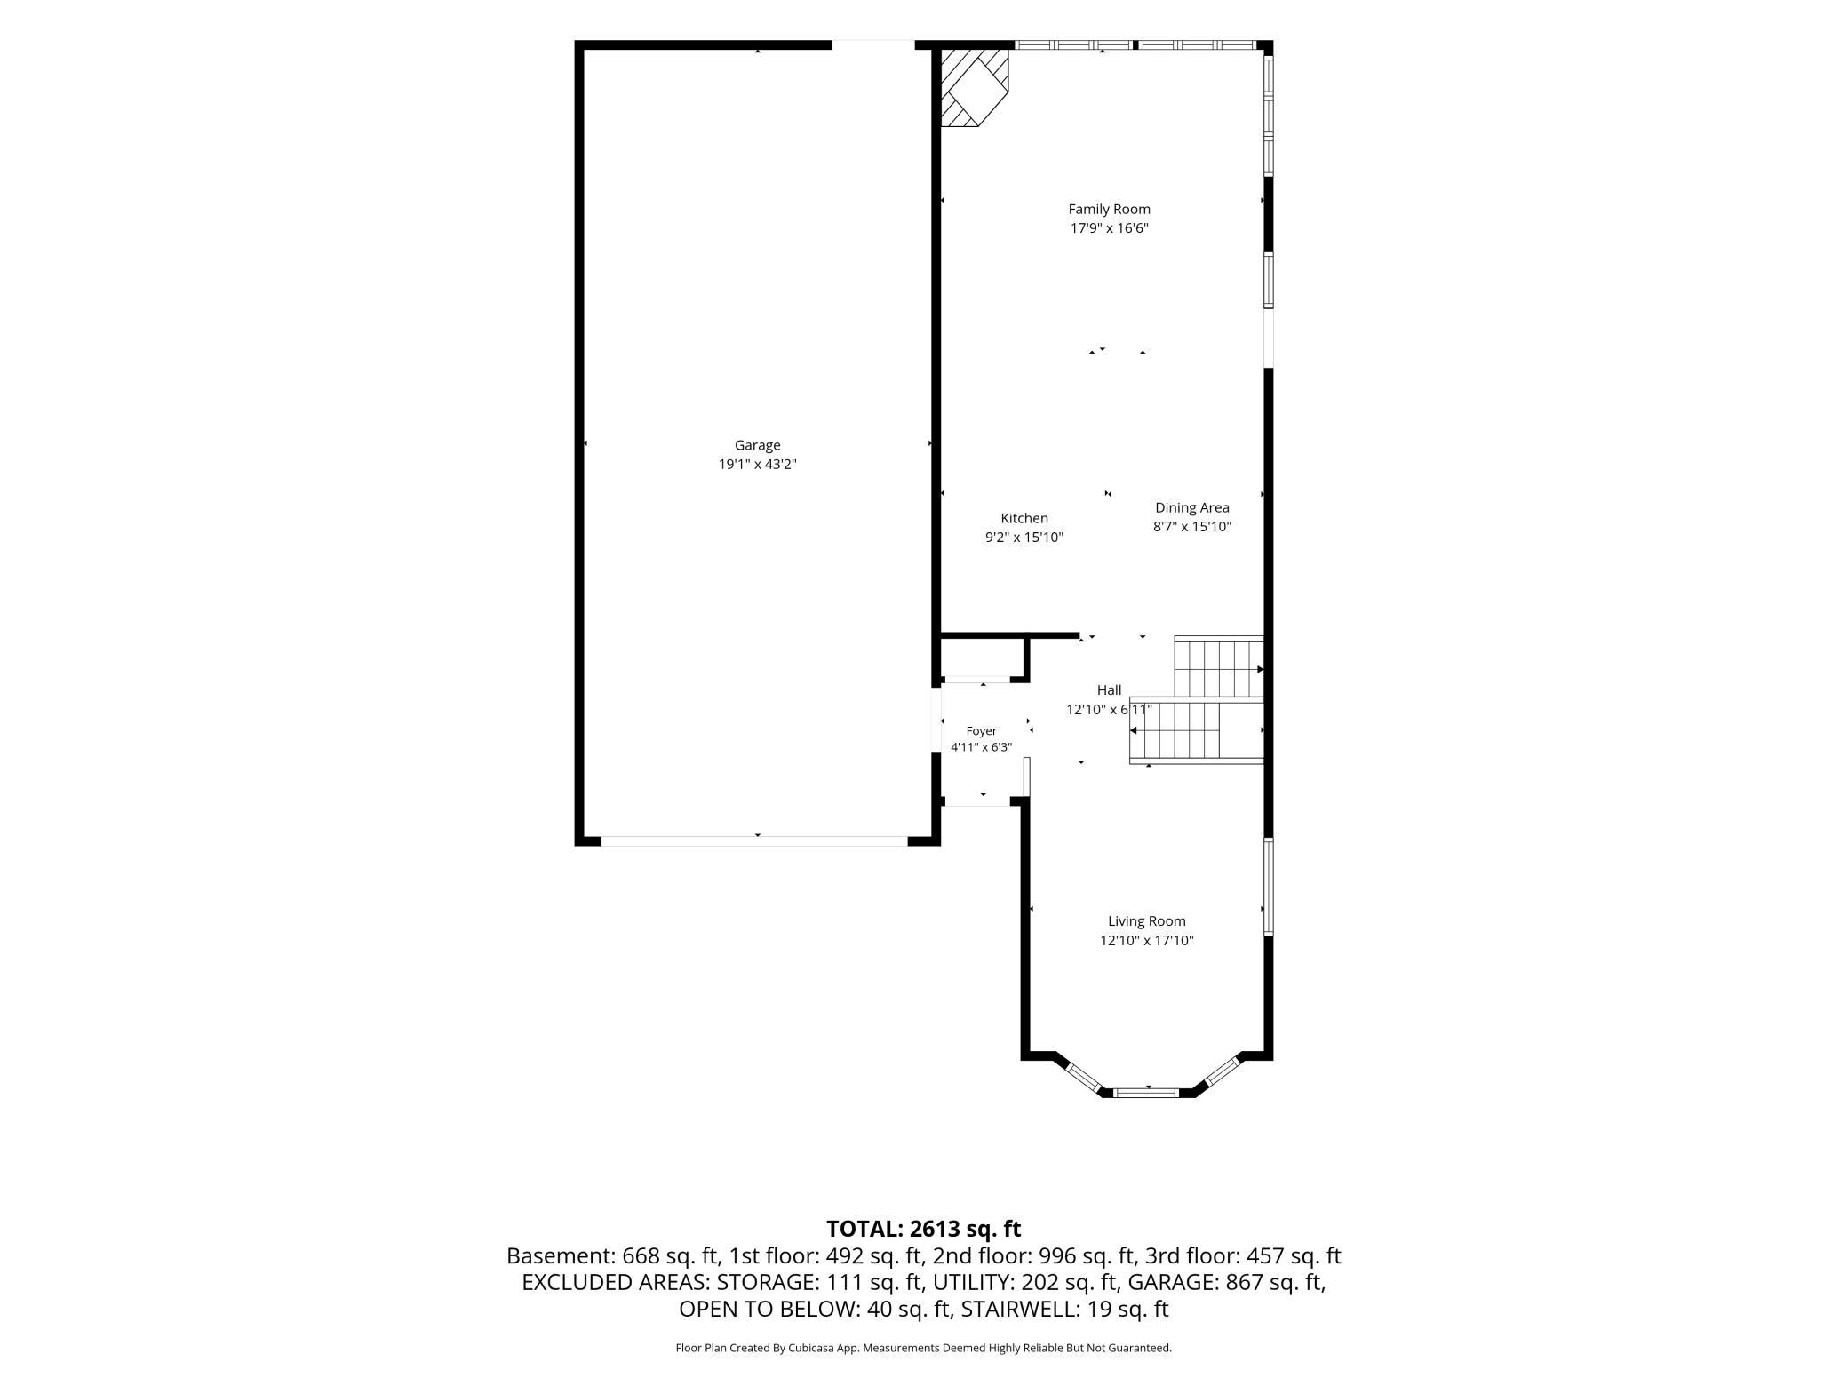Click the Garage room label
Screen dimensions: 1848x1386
click(757, 445)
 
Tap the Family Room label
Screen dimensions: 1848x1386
click(1109, 210)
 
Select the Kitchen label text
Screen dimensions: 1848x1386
click(1024, 518)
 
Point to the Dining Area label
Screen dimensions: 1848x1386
click(1191, 508)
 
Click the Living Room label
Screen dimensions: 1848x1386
click(1146, 921)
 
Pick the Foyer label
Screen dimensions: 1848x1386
click(982, 731)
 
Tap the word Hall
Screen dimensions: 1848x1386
click(1109, 690)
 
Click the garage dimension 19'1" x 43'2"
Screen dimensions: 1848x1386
click(757, 465)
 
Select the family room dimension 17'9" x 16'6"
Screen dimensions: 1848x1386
click(1109, 228)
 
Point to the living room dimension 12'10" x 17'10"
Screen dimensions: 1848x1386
click(1146, 941)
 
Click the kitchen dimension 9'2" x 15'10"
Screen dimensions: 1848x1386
click(1024, 538)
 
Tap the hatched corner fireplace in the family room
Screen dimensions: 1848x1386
click(975, 87)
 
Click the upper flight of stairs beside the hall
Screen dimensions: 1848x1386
click(1219, 667)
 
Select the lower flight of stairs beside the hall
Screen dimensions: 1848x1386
click(1196, 731)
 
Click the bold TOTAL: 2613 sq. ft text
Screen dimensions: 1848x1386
click(923, 1229)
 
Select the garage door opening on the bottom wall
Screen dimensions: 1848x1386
click(754, 840)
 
